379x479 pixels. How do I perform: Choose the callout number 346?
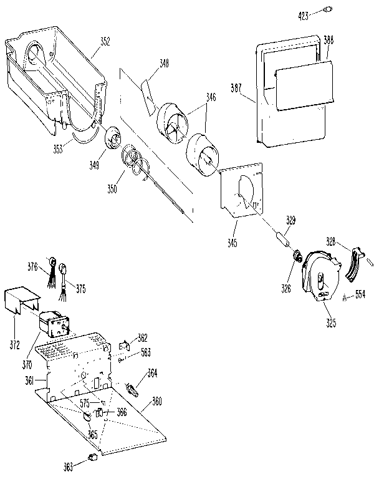point(212,97)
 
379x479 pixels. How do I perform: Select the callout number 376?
point(32,266)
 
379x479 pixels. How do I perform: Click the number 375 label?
point(81,289)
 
